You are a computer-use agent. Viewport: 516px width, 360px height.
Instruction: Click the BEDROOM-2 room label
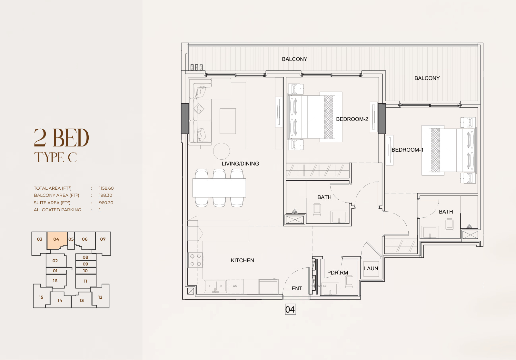tap(352, 119)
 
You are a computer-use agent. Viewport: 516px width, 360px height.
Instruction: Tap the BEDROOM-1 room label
tap(407, 150)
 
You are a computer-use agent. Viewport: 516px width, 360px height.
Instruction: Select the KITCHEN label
tap(242, 260)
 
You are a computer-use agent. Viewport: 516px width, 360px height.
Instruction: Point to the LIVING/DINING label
tap(240, 164)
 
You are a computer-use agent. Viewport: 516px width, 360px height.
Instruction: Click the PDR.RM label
tap(337, 273)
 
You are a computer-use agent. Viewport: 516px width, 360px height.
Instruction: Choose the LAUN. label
tap(372, 268)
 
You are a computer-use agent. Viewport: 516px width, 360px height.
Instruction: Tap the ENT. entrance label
tap(298, 289)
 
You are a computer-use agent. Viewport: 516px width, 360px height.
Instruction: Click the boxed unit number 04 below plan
tap(290, 310)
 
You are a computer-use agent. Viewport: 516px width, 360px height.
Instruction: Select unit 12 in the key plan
tap(100, 297)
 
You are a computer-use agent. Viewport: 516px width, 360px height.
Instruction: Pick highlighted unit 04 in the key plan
tap(56, 239)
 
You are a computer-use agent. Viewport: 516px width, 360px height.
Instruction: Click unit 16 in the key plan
tap(55, 281)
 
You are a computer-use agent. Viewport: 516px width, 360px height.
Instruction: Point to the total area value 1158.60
tap(106, 188)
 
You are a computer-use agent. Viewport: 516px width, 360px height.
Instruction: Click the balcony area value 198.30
tap(105, 195)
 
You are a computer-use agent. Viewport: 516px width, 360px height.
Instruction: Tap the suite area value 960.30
tap(106, 203)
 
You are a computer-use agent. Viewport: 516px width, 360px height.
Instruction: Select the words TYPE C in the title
tap(55, 157)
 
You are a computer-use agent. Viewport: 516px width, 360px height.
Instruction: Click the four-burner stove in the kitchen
tap(195, 260)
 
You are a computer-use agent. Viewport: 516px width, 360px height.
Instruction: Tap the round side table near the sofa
tap(222, 151)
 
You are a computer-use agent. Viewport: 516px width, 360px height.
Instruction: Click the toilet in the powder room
tap(349, 282)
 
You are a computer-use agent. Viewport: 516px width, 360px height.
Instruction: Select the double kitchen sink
tap(215, 286)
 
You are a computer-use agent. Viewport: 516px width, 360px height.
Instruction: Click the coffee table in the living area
tap(228, 121)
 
